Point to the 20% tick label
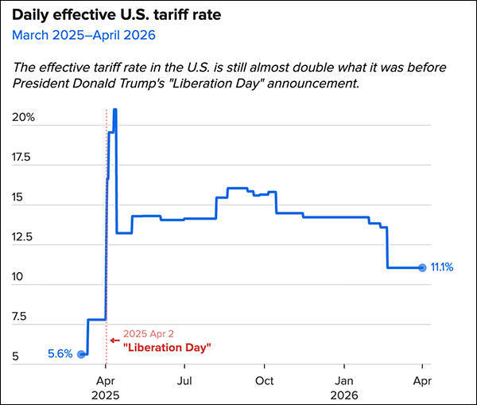point(23,117)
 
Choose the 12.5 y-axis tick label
point(23,237)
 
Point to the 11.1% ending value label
point(441,267)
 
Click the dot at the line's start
point(81,354)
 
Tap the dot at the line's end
point(422,267)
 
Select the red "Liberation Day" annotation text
point(167,348)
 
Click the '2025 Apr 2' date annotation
point(148,334)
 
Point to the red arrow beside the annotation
point(114,340)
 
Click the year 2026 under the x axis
point(344,395)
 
